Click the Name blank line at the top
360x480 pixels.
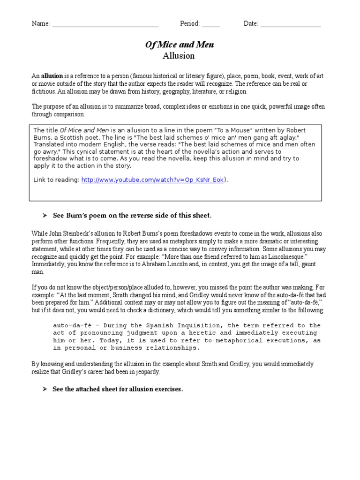click(105, 24)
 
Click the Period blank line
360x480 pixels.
click(211, 24)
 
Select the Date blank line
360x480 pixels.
click(291, 24)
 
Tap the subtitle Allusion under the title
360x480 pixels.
click(178, 56)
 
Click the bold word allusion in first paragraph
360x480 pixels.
click(52, 76)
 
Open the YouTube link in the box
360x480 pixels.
click(152, 180)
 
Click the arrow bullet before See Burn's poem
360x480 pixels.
click(45, 215)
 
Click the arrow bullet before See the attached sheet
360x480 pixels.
click(45, 389)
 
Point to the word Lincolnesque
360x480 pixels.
click(296, 256)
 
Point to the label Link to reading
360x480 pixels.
click(56, 180)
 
